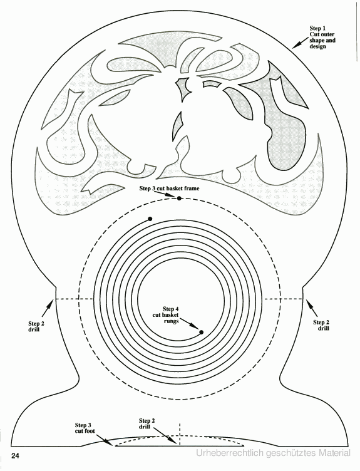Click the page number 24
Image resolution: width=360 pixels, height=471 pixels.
[x=15, y=456]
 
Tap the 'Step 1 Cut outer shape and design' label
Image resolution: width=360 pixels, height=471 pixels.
[x=322, y=37]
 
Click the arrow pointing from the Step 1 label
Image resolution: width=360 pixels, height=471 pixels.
[x=301, y=43]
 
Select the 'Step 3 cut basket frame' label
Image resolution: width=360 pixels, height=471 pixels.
[x=169, y=189]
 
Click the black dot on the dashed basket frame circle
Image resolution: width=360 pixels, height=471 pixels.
[x=179, y=199]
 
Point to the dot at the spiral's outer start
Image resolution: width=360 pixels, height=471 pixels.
[x=150, y=219]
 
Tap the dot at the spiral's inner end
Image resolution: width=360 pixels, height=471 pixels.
[x=202, y=332]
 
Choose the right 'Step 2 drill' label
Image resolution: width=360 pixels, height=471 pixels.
[x=321, y=325]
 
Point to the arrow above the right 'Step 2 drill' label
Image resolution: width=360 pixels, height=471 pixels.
[x=312, y=308]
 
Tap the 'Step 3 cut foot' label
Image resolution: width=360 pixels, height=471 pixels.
[x=85, y=428]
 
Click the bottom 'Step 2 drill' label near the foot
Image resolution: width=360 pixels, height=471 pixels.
[x=147, y=423]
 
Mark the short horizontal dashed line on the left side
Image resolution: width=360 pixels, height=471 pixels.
[x=73, y=299]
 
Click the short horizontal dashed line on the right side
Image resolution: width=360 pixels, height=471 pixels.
[x=283, y=299]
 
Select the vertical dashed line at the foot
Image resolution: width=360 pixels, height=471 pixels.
[x=180, y=434]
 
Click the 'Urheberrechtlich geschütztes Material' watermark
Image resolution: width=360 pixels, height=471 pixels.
[x=273, y=453]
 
